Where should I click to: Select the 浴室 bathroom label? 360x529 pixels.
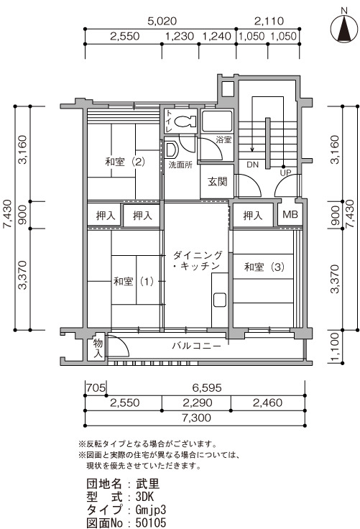pos(223,139)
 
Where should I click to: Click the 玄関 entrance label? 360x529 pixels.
pos(217,182)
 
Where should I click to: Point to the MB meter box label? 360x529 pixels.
pos(290,214)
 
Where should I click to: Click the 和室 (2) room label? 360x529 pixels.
pos(125,162)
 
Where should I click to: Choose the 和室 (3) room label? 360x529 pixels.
pos(264,267)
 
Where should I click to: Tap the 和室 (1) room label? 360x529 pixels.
pos(134,281)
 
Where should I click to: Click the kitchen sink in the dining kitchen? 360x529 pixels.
pos(220,300)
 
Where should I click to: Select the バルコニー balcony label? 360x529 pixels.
pos(197,346)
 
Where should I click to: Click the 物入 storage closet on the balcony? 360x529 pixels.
pos(98,349)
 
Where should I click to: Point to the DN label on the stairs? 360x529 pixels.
pos(252,165)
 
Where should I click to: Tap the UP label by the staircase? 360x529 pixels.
pos(285,172)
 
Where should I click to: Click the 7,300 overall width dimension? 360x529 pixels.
pos(196,418)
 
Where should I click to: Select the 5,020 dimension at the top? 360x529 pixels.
pos(162,22)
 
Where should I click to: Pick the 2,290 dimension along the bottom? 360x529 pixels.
pos(198,402)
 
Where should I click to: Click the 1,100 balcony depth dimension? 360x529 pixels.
pos(334,347)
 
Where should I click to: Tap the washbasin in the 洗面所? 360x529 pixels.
pos(172,149)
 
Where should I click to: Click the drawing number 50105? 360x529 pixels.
pos(151,523)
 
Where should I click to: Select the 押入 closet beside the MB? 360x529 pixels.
pos(253,215)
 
